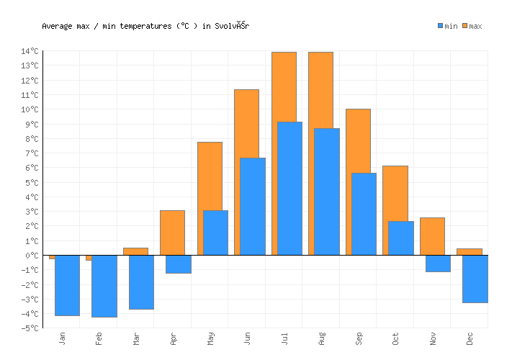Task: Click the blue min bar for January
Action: [67, 285]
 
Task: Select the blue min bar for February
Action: [104, 286]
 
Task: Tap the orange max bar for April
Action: [172, 233]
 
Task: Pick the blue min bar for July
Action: [289, 188]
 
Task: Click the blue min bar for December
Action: [475, 279]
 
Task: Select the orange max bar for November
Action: [432, 236]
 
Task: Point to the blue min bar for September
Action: [364, 214]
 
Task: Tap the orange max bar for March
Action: [135, 251]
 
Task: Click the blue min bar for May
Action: [215, 233]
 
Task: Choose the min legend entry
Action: [447, 27]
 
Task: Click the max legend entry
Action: [472, 27]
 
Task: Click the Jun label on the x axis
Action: [248, 338]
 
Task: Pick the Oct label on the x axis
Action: [395, 338]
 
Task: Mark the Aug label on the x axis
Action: [321, 338]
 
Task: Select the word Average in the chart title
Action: [58, 27]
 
